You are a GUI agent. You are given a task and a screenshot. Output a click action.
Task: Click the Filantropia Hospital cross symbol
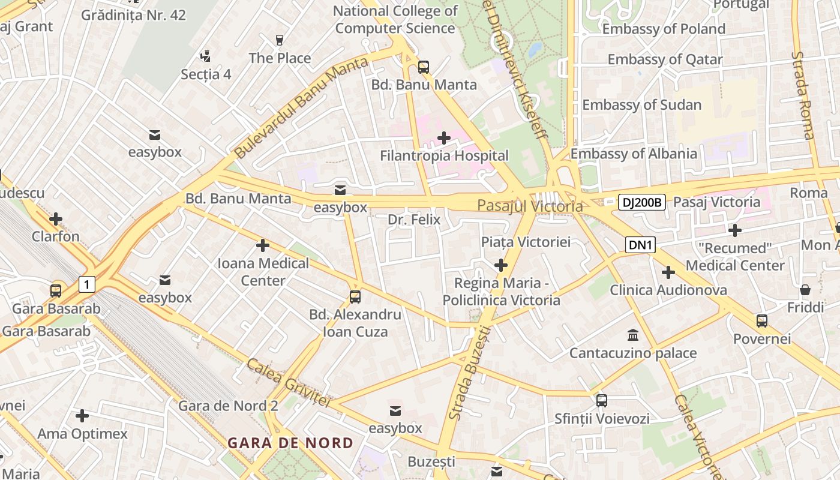tap(444, 139)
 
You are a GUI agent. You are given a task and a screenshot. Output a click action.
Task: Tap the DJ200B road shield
tap(641, 202)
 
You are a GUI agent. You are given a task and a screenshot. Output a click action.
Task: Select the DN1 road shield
tap(641, 245)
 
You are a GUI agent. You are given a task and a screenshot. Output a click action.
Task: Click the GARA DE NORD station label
tap(290, 443)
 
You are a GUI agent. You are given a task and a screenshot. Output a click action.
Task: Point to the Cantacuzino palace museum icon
tap(633, 335)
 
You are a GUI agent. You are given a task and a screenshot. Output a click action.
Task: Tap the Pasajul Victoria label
tap(530, 206)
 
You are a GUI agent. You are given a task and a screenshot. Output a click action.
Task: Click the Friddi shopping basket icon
tap(805, 290)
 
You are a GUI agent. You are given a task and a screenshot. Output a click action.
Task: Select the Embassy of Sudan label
tap(641, 105)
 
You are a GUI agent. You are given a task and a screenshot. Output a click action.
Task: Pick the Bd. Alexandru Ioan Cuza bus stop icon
tap(355, 296)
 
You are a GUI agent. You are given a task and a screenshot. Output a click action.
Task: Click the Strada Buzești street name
tap(469, 372)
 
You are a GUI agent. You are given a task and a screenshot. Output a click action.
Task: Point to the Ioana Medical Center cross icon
tap(262, 245)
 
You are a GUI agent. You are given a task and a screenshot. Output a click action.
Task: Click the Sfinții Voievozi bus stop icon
tap(602, 400)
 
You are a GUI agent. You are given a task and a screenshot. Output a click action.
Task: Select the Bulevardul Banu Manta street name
tap(301, 108)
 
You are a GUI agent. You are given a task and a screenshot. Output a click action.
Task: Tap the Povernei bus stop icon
tap(762, 321)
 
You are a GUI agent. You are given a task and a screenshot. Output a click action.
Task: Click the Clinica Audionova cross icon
tap(668, 273)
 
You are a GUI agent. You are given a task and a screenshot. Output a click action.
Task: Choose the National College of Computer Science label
tap(395, 20)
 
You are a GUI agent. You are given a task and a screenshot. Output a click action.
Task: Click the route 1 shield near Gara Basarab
tap(87, 284)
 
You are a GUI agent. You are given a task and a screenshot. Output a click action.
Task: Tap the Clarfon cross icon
tap(56, 219)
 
